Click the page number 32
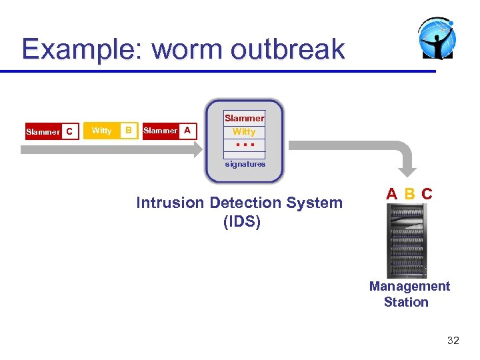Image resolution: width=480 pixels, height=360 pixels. (x=453, y=341)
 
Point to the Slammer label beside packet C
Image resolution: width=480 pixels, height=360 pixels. (x=43, y=132)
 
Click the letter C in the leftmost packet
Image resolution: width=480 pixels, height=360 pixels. (x=69, y=132)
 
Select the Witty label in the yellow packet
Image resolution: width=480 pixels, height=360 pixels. (x=101, y=131)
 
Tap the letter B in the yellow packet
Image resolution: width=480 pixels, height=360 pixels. (x=129, y=131)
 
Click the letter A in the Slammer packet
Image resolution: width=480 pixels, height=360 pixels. (x=187, y=131)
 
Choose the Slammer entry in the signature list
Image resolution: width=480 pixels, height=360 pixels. (x=244, y=118)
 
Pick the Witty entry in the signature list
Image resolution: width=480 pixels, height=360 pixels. (x=244, y=132)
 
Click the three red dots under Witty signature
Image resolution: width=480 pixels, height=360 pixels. (x=244, y=145)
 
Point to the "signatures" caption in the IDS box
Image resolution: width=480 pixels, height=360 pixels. (x=245, y=164)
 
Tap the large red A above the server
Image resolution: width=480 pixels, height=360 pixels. (x=392, y=194)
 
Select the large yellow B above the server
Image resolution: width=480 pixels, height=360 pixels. (x=410, y=194)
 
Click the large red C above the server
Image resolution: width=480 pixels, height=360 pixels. (x=427, y=194)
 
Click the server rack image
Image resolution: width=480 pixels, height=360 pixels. (x=406, y=240)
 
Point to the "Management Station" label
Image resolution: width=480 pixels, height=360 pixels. (x=409, y=294)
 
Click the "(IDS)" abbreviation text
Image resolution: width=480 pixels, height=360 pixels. (x=242, y=221)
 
